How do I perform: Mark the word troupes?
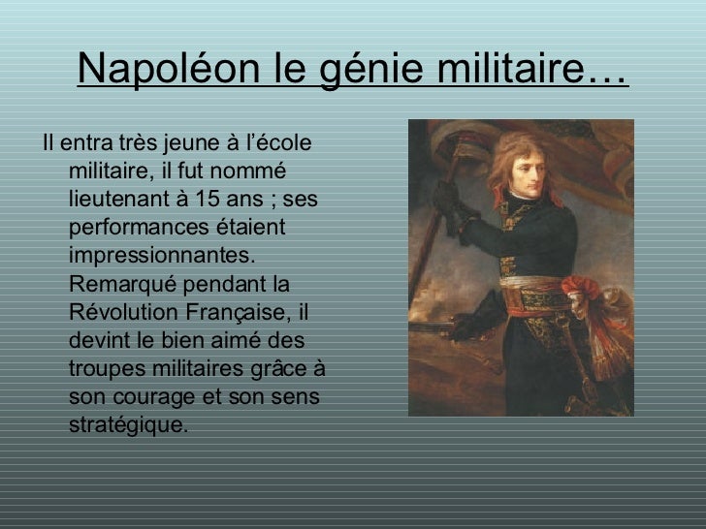(x=108, y=370)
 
